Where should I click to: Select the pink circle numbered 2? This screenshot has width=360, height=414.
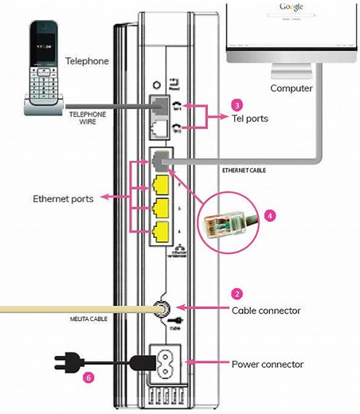click(x=237, y=294)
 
